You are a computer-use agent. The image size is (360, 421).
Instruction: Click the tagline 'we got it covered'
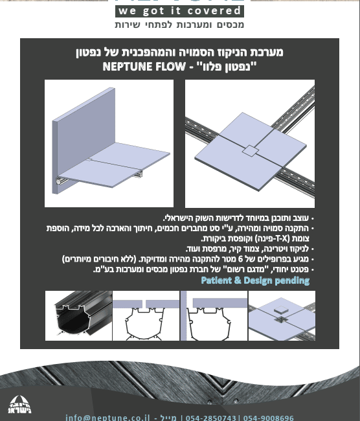(179, 11)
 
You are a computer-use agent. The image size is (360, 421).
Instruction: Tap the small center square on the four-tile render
(249, 151)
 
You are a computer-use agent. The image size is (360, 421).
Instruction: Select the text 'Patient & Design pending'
(255, 280)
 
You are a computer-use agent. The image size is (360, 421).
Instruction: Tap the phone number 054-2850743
(211, 418)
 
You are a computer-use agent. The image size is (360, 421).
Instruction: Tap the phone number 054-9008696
(269, 418)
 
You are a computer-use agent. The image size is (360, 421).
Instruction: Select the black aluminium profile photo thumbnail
(78, 315)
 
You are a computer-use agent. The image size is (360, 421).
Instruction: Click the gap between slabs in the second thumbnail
(144, 304)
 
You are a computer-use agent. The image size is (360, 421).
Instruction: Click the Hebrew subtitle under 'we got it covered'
(179, 25)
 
